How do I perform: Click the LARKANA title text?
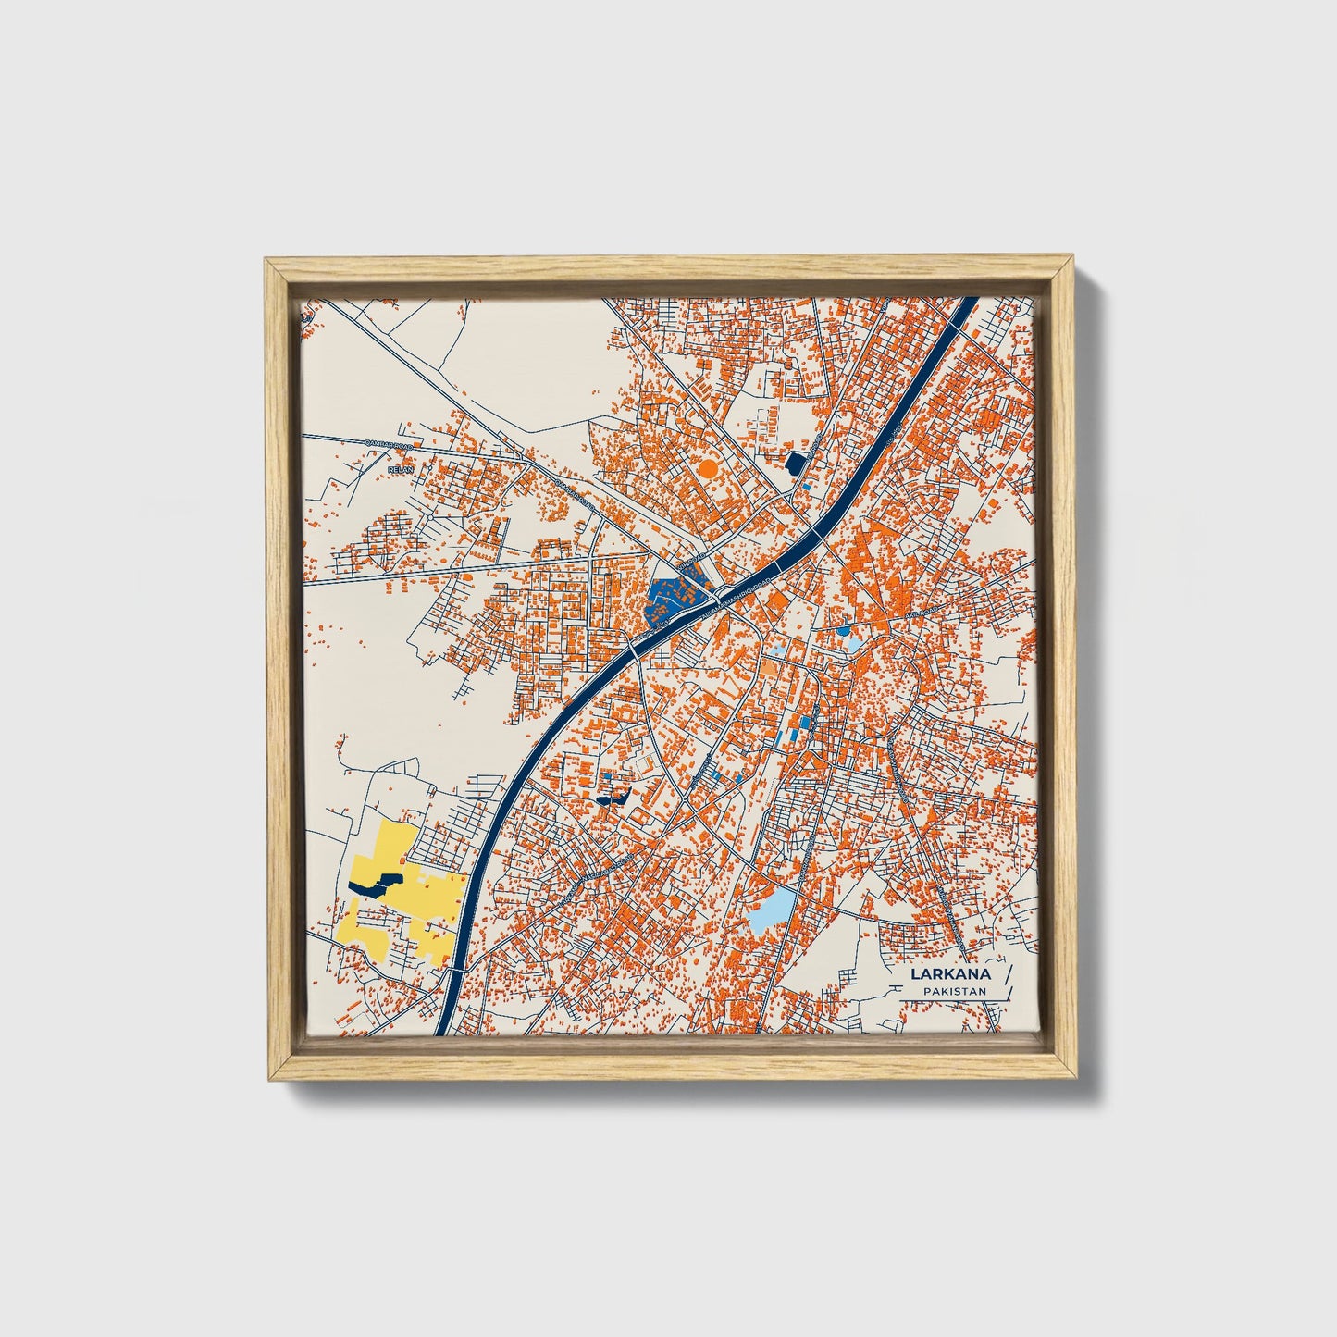tap(950, 973)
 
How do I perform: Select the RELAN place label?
tap(401, 469)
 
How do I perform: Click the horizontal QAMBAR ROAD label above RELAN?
tap(392, 445)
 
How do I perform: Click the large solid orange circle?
tap(708, 468)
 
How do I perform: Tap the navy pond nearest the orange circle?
tap(795, 462)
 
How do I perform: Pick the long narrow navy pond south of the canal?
tap(612, 798)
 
